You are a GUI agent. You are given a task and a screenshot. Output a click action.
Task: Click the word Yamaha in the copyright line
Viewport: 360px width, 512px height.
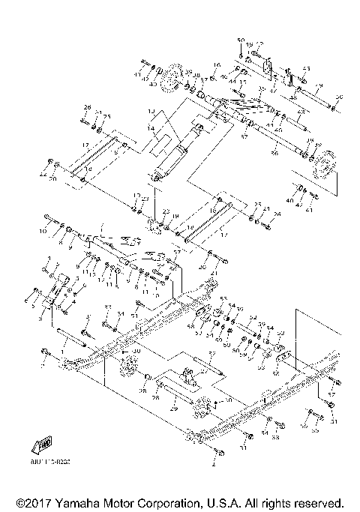point(91,501)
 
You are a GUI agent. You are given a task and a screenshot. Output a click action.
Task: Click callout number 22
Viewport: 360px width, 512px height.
point(166,213)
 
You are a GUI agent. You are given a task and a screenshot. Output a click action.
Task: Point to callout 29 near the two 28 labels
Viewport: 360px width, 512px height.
point(172,409)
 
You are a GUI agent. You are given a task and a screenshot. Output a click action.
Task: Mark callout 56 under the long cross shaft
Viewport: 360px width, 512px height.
point(253,152)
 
